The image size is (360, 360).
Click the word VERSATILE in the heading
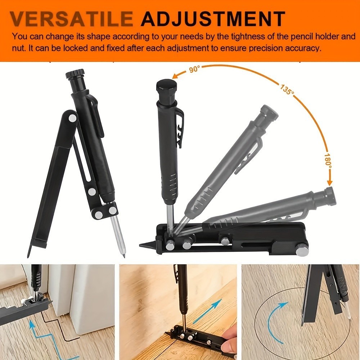(x=72, y=19)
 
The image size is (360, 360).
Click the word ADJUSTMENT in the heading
(x=213, y=19)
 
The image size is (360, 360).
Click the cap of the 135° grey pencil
(x=269, y=113)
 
